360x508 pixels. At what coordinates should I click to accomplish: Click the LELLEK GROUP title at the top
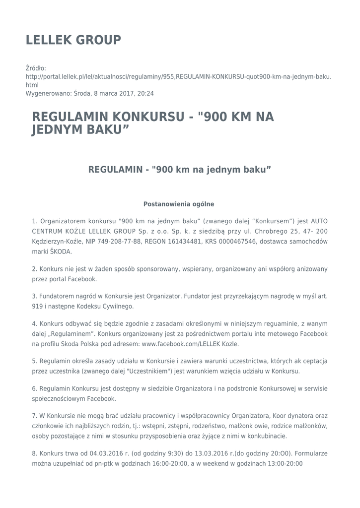tap(73, 40)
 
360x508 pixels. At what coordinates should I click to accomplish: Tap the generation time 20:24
tap(146, 93)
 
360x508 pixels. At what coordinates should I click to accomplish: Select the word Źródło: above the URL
tap(36, 68)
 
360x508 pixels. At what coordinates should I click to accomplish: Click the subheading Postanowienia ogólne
tap(179, 204)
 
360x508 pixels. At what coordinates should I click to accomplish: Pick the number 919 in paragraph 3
tap(38, 307)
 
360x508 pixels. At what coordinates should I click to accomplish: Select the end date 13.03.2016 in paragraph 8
tap(211, 453)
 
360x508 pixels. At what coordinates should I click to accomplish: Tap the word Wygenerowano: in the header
tap(49, 93)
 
